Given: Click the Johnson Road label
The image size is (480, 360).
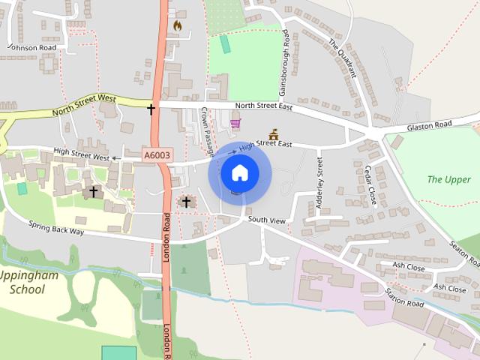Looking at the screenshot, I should coord(31,46).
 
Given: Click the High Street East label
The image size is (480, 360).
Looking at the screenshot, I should coord(263,142).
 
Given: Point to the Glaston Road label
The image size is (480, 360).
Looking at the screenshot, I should coord(430,126).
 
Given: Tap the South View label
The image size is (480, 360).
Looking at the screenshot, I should coord(267,220).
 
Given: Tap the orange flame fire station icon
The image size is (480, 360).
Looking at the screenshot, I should coord(177,25).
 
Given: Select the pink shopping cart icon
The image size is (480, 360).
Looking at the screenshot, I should coord(235,124).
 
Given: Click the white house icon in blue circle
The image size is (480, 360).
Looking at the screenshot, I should coord(239,173).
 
